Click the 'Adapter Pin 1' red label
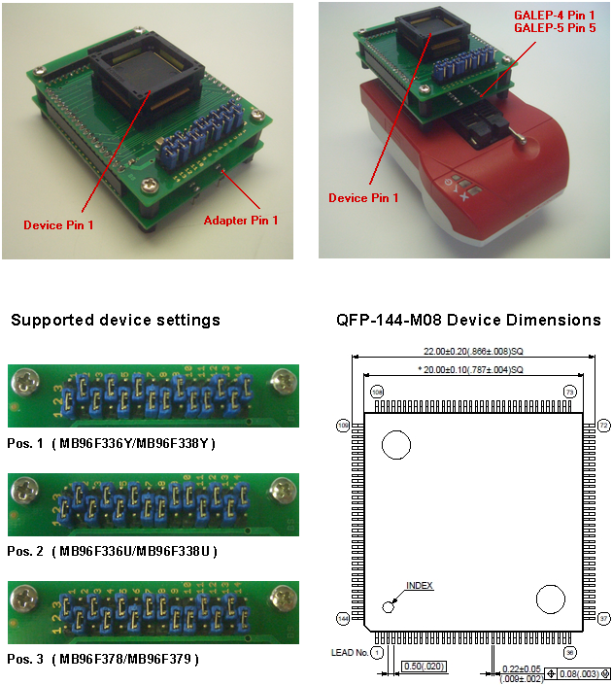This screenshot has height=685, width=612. coord(241,221)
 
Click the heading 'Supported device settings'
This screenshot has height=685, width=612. coord(116,321)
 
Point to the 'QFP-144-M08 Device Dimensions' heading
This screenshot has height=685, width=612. coord(468,321)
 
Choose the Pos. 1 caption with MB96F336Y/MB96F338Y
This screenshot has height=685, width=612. coord(111,443)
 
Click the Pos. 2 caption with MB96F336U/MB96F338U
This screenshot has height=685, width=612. coord(111,551)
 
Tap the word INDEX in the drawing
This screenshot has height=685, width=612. coord(420,586)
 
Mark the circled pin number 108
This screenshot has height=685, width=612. coord(377,391)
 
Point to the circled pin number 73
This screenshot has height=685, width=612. coord(571,391)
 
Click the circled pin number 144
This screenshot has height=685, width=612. coord(342,618)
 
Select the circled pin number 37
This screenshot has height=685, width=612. coord(603,618)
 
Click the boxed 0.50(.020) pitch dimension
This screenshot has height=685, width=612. coord(425,667)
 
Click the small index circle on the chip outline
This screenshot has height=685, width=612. coord(390,606)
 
